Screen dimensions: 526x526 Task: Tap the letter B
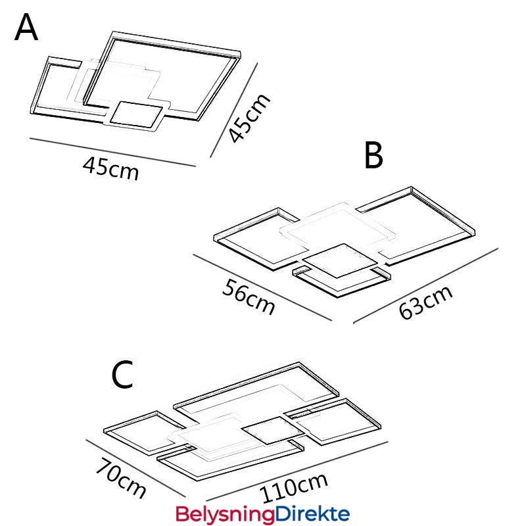[x=373, y=156]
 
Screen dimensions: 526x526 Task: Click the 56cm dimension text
[x=247, y=296]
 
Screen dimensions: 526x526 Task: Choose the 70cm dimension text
[x=120, y=479]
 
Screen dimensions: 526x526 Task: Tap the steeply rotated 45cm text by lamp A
[x=249, y=118]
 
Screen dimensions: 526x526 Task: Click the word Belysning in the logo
[x=224, y=514]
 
